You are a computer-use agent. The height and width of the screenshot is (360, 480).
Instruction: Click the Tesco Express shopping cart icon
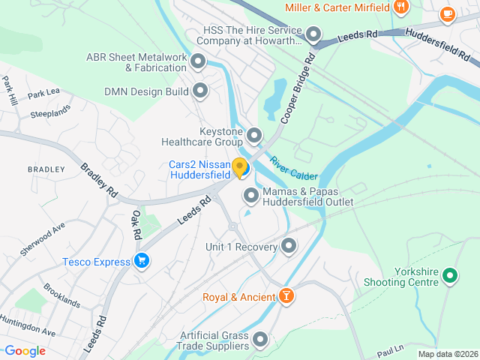[141, 261]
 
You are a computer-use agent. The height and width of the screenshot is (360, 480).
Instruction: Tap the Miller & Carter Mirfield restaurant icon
[401, 7]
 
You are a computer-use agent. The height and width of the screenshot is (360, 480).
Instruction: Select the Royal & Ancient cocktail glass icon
[286, 297]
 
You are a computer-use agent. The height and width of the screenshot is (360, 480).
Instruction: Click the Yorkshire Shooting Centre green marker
[450, 276]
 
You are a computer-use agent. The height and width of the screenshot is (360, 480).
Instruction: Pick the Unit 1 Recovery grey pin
[289, 246]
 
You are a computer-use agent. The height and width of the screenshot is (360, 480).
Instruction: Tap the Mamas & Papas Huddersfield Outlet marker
[251, 196]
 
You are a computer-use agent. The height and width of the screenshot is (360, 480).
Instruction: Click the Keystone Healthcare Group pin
[254, 136]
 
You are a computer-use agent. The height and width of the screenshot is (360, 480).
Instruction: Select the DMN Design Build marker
[200, 91]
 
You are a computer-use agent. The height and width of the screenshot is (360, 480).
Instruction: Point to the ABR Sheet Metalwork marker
[198, 61]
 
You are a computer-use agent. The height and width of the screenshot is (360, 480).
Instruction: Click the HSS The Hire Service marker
[313, 35]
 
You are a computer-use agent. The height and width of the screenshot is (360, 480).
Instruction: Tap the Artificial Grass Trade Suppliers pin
[260, 340]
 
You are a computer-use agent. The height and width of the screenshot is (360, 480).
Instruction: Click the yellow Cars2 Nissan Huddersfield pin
[240, 168]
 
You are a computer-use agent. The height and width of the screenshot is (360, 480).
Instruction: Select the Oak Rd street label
[136, 224]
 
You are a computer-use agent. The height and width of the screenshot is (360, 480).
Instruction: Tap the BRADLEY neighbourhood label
[46, 169]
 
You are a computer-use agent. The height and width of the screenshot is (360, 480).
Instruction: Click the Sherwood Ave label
[43, 239]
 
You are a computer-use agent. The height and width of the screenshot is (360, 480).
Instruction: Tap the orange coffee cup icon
[448, 13]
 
